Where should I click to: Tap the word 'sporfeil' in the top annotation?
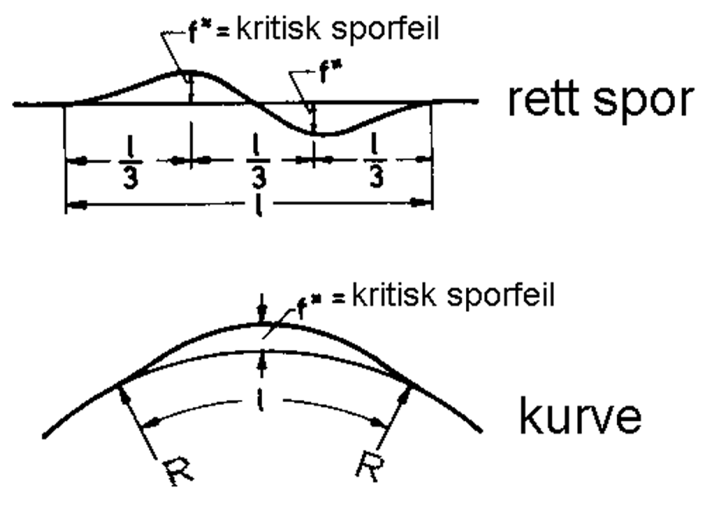tap(385, 30)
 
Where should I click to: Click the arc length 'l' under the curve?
tap(261, 401)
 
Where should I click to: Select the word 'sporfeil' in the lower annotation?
tap(500, 296)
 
